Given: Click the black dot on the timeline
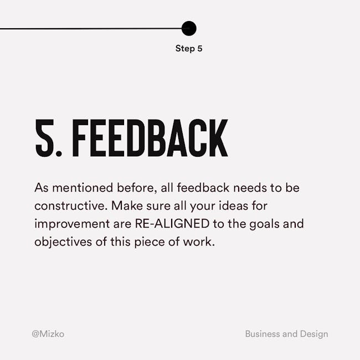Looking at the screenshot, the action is pos(189,28).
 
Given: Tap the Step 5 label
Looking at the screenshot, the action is pos(189,49).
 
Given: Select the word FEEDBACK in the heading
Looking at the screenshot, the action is pos(150,138).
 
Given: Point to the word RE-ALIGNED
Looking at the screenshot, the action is pos(172,224).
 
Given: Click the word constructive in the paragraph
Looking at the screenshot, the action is pos(71,205).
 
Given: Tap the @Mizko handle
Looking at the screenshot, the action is pos(48,334).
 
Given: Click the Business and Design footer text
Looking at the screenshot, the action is pos(286,334).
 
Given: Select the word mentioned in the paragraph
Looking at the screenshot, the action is pos(83,188).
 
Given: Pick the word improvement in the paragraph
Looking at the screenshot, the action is pos(72,224).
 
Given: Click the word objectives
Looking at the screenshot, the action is pos(63,242).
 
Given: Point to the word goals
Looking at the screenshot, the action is pos(265,224).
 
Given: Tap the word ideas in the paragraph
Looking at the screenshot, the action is pos(234,205).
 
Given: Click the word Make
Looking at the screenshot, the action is pos(127,205).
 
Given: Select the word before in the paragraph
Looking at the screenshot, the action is pos(137,188).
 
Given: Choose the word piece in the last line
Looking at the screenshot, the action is pos(150,243).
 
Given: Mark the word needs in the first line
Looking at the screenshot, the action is pos(250,188).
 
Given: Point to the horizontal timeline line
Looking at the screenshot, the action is pos(91,29).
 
